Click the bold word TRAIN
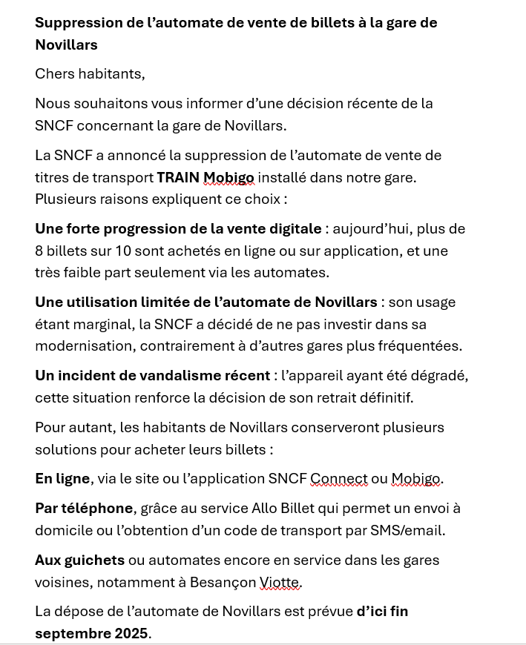(x=178, y=177)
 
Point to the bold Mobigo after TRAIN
(x=229, y=177)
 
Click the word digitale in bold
(x=295, y=228)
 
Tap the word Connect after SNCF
(x=338, y=479)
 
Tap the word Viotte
(x=280, y=582)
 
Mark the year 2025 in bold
(x=131, y=633)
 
